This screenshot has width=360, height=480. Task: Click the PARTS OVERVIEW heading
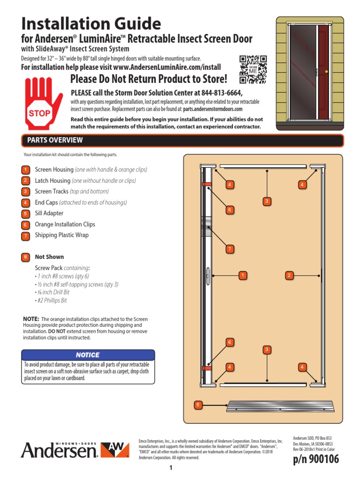point(55,140)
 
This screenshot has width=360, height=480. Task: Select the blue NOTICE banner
point(88,355)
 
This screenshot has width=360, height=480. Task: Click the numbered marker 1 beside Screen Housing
point(25,170)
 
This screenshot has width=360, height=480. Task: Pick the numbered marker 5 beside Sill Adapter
point(25,214)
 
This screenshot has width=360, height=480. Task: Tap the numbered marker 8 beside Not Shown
point(25,257)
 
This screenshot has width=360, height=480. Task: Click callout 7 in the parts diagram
point(230,249)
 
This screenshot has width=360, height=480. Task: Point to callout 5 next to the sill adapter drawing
point(198,404)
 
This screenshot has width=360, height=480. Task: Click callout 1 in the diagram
point(242,275)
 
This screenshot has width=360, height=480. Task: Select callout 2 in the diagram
point(290,275)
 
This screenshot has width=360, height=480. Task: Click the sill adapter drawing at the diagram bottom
point(275,405)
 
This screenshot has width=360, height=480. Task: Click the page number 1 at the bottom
point(172,468)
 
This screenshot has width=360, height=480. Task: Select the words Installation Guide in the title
point(91,23)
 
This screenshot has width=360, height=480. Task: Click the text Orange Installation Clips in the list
point(65,225)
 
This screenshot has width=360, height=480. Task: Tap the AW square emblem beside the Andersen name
point(115,450)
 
